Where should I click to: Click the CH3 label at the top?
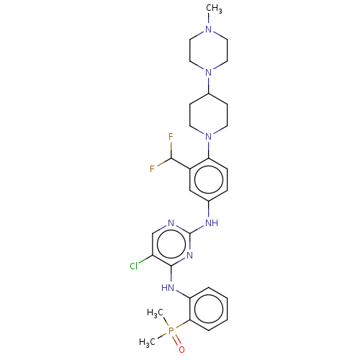[x=214, y=9]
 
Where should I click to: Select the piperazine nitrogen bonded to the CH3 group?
[x=209, y=30]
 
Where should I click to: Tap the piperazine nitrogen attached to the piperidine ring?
[x=209, y=73]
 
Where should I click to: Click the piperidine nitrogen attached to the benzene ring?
[x=209, y=137]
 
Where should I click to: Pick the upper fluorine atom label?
[x=171, y=137]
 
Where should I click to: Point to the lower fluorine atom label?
[x=152, y=169]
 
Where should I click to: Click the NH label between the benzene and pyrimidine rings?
[x=212, y=223]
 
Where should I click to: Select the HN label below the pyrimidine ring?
[x=168, y=287]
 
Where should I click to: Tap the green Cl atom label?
[x=134, y=266]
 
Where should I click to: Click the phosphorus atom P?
[x=171, y=331]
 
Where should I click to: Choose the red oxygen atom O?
[x=181, y=350]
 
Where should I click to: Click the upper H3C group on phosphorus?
[x=155, y=313]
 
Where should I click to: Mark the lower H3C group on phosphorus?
[x=147, y=342]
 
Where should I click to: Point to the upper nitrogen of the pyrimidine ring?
[x=171, y=223]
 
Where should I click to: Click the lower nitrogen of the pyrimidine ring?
[x=189, y=256]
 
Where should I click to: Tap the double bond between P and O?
[x=177, y=341]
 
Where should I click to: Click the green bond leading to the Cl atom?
[x=145, y=259]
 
